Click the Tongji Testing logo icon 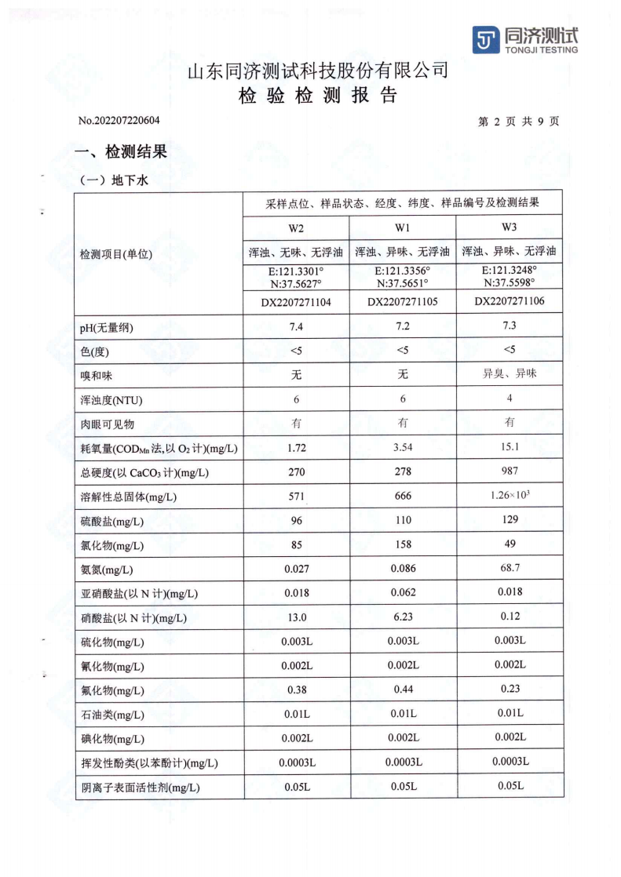[x=485, y=40]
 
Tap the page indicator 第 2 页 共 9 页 [x=518, y=122]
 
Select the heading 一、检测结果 [x=120, y=152]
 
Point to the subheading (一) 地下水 [x=114, y=180]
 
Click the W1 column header [x=403, y=228]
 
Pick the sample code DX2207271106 [x=510, y=301]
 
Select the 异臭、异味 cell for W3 [x=510, y=374]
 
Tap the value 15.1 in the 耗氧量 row [x=510, y=447]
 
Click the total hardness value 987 [x=510, y=471]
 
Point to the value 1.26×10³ [x=510, y=496]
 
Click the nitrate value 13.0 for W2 [x=296, y=617]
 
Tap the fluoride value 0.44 [x=403, y=690]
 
